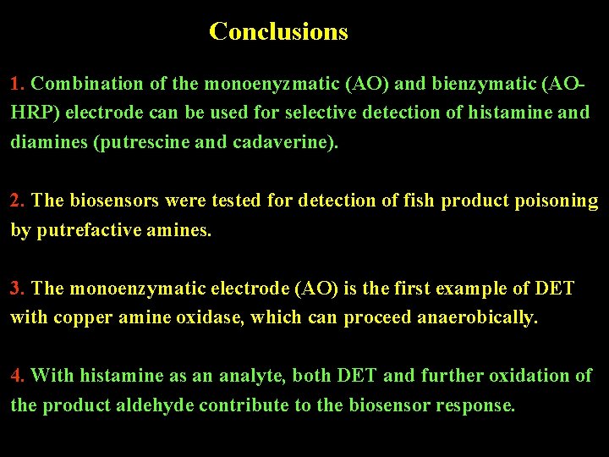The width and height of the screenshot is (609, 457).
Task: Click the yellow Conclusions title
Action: (278, 31)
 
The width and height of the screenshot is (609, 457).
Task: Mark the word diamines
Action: (47, 142)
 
